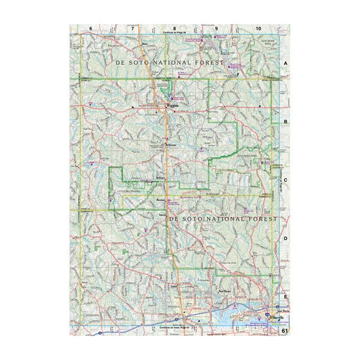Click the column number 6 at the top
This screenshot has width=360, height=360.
(x=91, y=29)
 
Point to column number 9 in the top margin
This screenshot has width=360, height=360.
(x=216, y=29)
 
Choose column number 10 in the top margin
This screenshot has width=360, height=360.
(x=258, y=29)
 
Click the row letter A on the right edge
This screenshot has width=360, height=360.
(x=286, y=63)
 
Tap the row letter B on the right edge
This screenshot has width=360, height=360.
(x=286, y=121)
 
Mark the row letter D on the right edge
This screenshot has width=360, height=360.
(x=286, y=238)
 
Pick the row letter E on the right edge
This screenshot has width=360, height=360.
(x=286, y=296)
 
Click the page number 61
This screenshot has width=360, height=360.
(x=284, y=330)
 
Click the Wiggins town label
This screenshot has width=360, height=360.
(x=172, y=104)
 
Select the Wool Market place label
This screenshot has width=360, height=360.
(x=225, y=292)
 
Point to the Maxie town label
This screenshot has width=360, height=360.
(x=145, y=43)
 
